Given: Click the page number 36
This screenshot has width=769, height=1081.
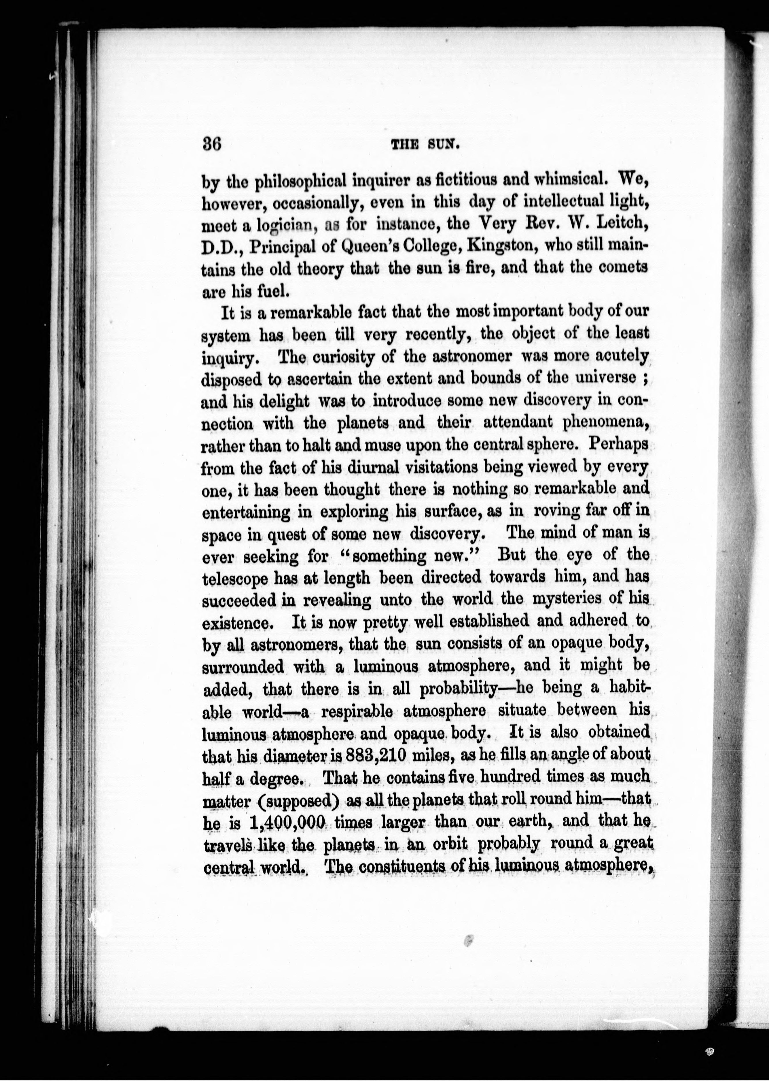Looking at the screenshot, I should pos(212,144).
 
